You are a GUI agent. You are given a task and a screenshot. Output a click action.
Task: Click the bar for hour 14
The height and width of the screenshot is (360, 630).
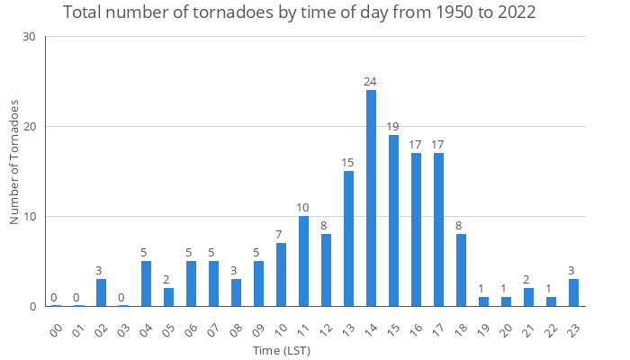point(371,198)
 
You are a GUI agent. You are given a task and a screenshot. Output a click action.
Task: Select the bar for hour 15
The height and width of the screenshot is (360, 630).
point(393,220)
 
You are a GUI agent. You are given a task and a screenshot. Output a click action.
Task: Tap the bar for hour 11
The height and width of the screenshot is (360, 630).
point(303,261)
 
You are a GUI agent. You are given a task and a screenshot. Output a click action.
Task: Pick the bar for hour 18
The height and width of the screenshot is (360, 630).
point(461,270)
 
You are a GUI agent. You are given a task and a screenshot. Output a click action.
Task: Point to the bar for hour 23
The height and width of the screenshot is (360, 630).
point(573,292)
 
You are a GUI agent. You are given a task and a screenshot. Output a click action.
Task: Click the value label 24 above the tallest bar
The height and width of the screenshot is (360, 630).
point(371,82)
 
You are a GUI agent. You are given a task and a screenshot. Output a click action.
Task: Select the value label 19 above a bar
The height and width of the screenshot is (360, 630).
point(393,127)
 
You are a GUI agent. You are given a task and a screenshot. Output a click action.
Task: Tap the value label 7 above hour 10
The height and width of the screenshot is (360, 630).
point(281,235)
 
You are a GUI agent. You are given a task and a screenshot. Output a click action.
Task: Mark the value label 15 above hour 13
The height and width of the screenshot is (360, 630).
point(348,163)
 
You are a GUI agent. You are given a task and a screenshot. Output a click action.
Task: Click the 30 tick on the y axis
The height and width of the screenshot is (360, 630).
point(29,37)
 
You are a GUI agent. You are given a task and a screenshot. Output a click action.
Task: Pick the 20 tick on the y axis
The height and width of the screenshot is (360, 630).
point(29,127)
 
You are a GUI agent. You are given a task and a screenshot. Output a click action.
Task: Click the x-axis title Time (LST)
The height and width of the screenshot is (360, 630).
point(281,349)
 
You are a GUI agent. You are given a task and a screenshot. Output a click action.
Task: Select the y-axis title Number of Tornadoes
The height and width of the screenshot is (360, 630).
point(14,162)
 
